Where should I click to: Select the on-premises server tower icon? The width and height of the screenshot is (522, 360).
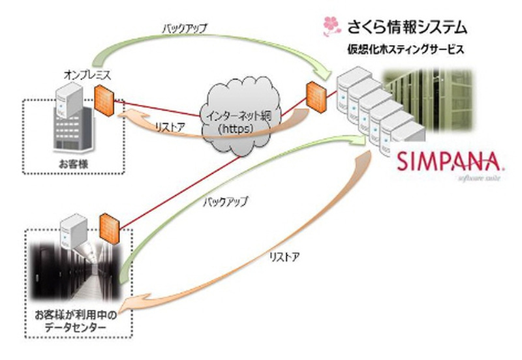pos(70,98)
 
